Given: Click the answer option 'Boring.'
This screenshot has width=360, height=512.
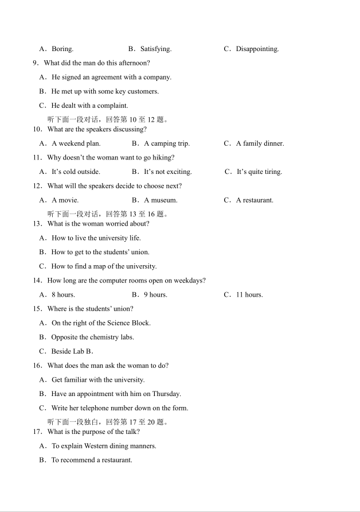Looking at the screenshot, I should [x=62, y=49].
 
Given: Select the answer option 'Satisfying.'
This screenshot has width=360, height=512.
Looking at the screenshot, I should [x=155, y=49].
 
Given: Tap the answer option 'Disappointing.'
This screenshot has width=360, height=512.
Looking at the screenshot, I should [x=257, y=49].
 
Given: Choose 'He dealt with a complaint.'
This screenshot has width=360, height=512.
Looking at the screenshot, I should [x=89, y=106].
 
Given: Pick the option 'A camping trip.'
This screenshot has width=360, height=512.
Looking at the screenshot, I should [x=166, y=143].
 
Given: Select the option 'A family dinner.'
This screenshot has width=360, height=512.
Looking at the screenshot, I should [x=260, y=143].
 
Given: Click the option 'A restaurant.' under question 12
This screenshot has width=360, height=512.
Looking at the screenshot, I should [x=255, y=200].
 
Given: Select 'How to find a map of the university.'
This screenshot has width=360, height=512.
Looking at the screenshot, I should [x=104, y=266].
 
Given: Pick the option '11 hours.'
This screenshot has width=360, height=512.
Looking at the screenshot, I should [x=249, y=295].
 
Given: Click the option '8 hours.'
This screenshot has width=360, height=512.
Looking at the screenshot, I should [x=63, y=295].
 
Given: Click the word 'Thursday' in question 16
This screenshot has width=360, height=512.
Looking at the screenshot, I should [x=166, y=394].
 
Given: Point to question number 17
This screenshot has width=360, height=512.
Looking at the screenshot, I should [x=37, y=432].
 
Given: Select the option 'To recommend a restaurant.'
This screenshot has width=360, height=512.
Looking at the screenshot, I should [x=92, y=460].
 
